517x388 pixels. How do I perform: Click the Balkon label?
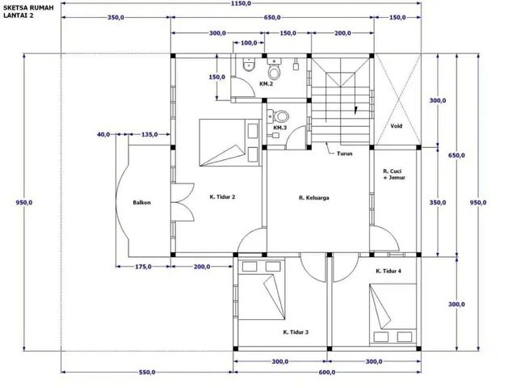coord(142,202)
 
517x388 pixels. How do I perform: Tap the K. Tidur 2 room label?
coord(222,197)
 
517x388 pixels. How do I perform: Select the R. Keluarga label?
coord(314,198)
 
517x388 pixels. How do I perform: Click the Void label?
coord(396,126)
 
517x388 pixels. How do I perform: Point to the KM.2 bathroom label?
coord(266,84)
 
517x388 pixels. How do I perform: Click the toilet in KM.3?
coord(281,116)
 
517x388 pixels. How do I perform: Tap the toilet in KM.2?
coord(273,70)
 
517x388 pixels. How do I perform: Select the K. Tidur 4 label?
coord(389,272)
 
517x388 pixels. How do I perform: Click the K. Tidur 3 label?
coord(296,332)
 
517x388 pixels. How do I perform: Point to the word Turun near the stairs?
coord(345,154)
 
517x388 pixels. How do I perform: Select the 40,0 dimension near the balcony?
coord(103,135)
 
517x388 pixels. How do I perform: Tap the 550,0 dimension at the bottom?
coord(147,372)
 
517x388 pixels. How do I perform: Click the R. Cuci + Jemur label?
coord(394,175)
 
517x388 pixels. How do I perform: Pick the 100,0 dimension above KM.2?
coord(249,43)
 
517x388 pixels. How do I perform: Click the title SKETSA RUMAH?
coord(28,8)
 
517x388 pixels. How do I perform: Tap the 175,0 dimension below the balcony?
coord(144,266)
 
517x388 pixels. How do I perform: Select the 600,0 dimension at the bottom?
coord(327,372)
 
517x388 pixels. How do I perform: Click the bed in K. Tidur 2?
coord(230,142)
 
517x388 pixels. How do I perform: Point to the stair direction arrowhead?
coord(355,110)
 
